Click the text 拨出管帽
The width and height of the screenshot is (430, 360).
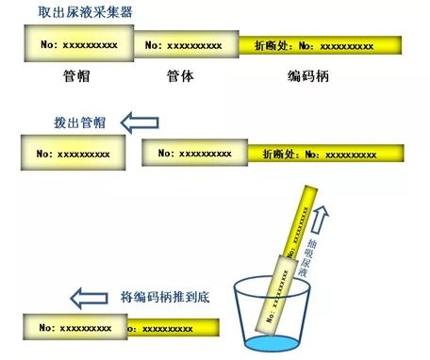[79, 123]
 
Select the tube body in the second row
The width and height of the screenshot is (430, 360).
[193, 153]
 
